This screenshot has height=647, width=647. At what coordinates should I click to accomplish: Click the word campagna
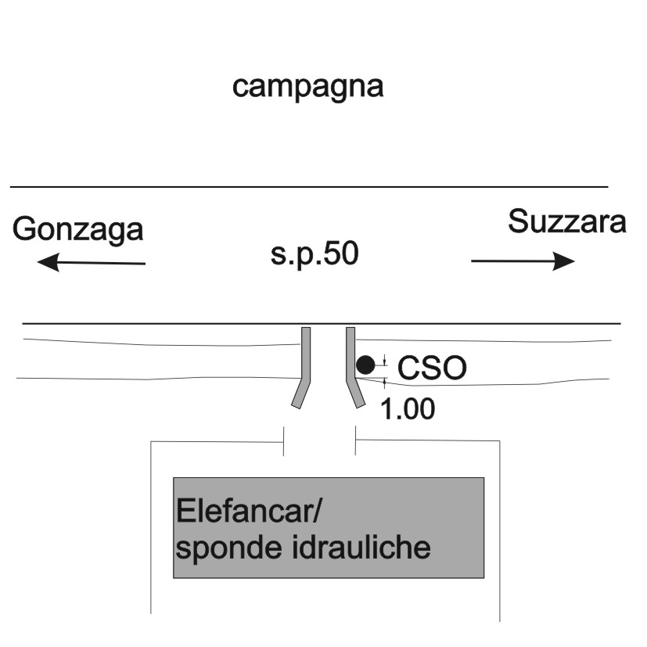[x=307, y=88]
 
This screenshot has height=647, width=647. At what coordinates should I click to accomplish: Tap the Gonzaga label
[x=78, y=230]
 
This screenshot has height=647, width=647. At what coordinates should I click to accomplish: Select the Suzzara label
[x=567, y=221]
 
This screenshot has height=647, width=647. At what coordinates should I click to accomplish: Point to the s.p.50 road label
[x=315, y=254]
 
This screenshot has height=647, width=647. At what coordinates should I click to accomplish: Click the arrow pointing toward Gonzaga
[x=92, y=262]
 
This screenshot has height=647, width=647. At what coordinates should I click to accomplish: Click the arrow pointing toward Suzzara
[x=523, y=261]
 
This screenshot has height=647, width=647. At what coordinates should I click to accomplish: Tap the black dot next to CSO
[x=365, y=365]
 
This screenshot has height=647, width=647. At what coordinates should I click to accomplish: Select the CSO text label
[x=432, y=368]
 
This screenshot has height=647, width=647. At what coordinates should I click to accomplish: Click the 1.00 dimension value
[x=408, y=409]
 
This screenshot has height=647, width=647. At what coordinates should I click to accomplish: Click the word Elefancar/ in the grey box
[x=249, y=511]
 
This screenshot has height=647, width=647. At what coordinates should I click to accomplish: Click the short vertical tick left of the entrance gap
[x=283, y=441]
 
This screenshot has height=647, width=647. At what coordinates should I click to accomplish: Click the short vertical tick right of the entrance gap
[x=355, y=440]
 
